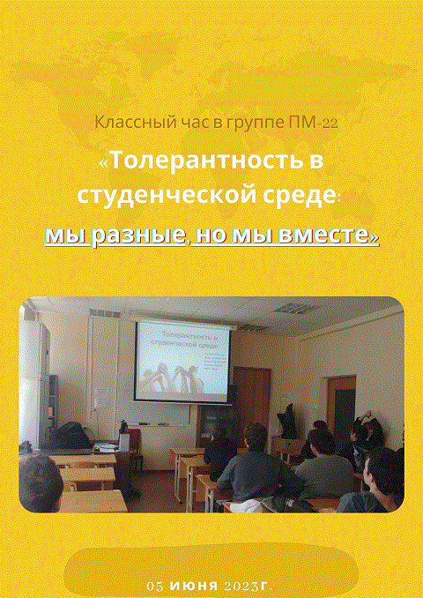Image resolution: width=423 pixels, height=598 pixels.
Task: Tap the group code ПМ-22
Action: [312, 123]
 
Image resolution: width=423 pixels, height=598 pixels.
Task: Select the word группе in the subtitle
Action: [253, 123]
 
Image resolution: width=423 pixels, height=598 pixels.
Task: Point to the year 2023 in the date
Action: [244, 586]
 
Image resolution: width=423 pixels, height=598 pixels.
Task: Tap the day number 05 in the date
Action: [156, 586]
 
